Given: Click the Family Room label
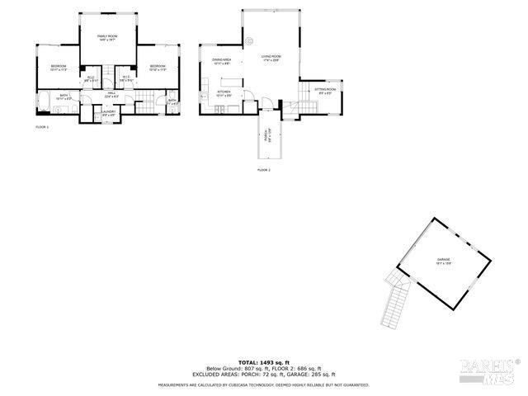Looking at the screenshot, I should click(x=107, y=38).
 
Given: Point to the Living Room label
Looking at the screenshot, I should click(x=271, y=58).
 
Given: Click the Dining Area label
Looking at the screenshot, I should click(x=221, y=61).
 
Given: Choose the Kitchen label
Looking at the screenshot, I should click(x=224, y=92).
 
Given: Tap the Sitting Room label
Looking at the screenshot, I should click(x=327, y=90).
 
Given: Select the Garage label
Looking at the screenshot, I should click(x=444, y=262).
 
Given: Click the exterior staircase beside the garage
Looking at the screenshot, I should click(x=395, y=301).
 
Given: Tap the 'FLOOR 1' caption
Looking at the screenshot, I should click(x=42, y=127).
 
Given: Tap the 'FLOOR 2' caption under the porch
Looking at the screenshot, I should click(x=264, y=169).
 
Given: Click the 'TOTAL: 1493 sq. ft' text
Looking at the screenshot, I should click(x=264, y=362).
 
